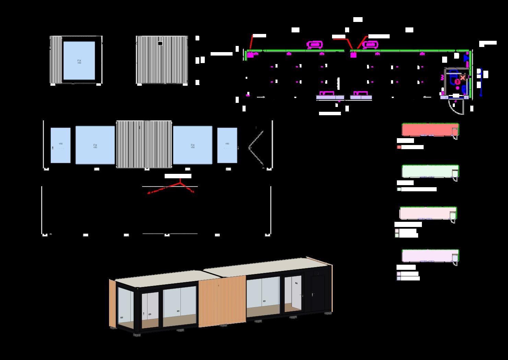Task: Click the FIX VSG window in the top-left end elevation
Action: click(x=79, y=61)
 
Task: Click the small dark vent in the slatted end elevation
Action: click(x=160, y=44)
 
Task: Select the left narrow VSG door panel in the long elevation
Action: click(x=60, y=145)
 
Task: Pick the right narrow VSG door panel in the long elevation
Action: click(x=227, y=145)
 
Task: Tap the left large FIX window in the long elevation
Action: click(x=95, y=145)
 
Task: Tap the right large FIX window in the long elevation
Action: click(x=192, y=145)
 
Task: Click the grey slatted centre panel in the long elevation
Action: click(x=144, y=144)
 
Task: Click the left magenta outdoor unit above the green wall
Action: click(x=315, y=45)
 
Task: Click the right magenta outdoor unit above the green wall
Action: click(x=370, y=45)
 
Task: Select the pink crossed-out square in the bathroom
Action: click(x=463, y=78)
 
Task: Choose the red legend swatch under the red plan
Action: click(x=399, y=147)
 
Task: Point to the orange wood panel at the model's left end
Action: click(x=112, y=303)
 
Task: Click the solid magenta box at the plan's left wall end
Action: click(x=250, y=55)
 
